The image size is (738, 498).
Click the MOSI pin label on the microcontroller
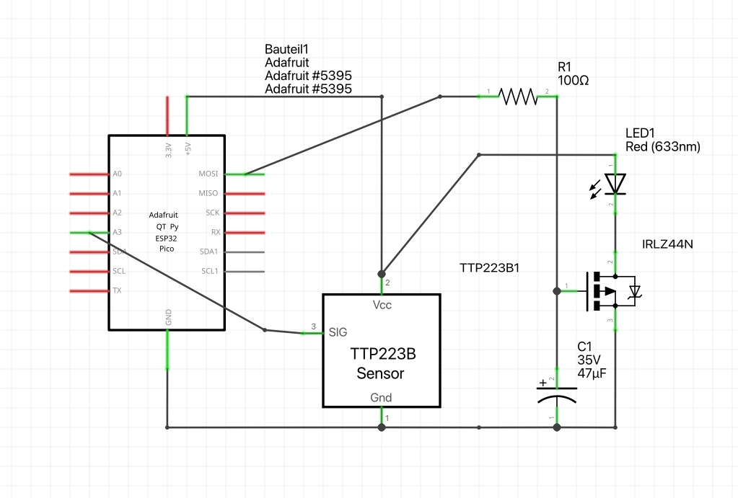(208, 174)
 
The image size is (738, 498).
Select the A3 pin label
(117, 232)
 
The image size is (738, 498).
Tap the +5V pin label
(188, 148)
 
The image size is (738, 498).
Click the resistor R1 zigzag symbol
(518, 97)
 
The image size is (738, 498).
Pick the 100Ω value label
(574, 81)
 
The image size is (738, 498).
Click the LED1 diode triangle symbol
(615, 183)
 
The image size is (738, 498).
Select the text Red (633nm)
(663, 147)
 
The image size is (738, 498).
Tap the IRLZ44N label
(667, 244)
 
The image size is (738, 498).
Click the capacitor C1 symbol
(557, 396)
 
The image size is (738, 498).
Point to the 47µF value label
(592, 373)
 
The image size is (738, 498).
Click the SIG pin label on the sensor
(338, 332)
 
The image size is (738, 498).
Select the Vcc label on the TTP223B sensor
(382, 305)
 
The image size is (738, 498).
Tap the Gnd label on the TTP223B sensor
(381, 398)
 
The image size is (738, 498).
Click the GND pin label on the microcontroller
(169, 317)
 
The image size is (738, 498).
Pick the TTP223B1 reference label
(490, 268)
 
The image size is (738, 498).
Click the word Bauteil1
(286, 50)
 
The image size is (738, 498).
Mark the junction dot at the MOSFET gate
(557, 291)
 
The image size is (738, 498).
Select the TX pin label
(117, 290)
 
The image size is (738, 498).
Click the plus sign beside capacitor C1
(542, 383)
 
